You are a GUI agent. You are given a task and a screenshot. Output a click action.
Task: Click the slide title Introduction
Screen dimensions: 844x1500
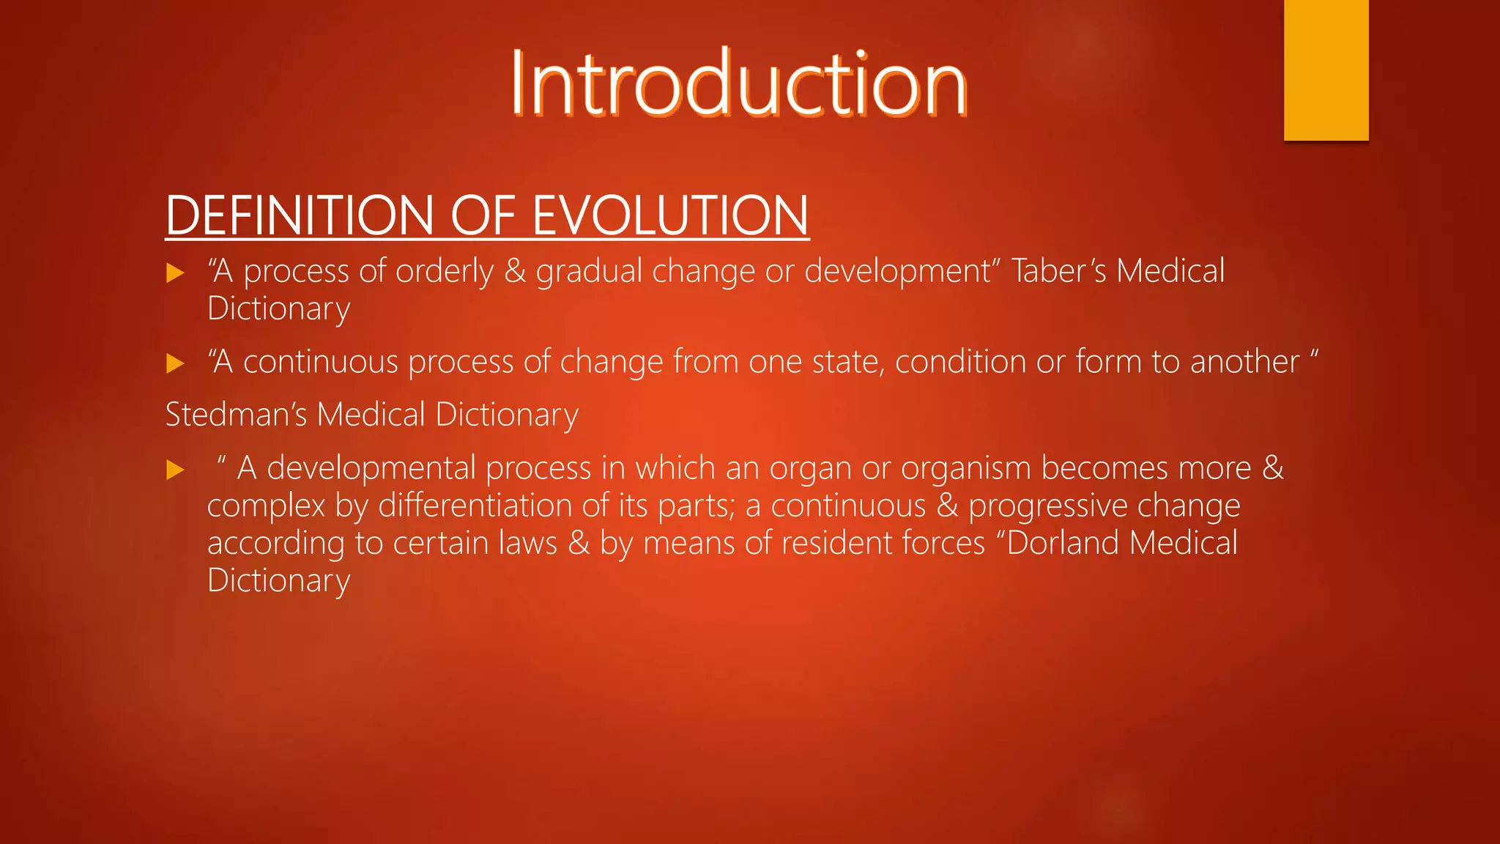[738, 84]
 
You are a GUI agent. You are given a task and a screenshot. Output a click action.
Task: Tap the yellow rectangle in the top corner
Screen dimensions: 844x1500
[1326, 70]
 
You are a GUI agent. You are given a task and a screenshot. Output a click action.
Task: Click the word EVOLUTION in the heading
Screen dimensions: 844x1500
[670, 216]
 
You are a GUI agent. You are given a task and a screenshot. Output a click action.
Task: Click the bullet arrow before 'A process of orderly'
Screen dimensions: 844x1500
[175, 273]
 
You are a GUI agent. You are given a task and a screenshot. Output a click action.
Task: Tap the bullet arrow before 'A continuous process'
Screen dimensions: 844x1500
[175, 363]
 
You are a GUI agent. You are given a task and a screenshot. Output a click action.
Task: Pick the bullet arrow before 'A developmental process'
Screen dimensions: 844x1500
[175, 470]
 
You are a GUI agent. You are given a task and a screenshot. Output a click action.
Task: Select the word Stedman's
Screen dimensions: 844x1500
[236, 415]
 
